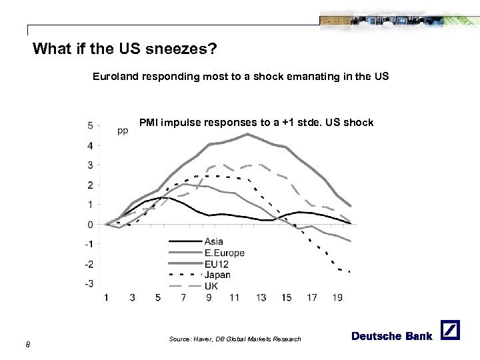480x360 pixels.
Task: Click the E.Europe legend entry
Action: [x=224, y=253]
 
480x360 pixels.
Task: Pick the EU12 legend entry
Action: [x=217, y=263]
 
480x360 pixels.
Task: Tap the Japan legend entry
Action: [x=217, y=275]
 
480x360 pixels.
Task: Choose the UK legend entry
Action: [x=211, y=285]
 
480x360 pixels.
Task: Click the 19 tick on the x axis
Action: [x=337, y=297]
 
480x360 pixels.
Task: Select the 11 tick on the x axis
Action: [x=233, y=297]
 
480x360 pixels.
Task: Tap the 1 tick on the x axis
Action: [x=107, y=297]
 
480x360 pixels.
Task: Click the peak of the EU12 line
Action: [x=247, y=134]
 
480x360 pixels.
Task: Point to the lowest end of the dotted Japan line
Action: [x=349, y=271]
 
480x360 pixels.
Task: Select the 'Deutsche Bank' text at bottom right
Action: [x=392, y=335]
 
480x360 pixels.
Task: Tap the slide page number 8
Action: [x=27, y=343]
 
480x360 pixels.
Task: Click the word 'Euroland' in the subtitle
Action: [x=114, y=77]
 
